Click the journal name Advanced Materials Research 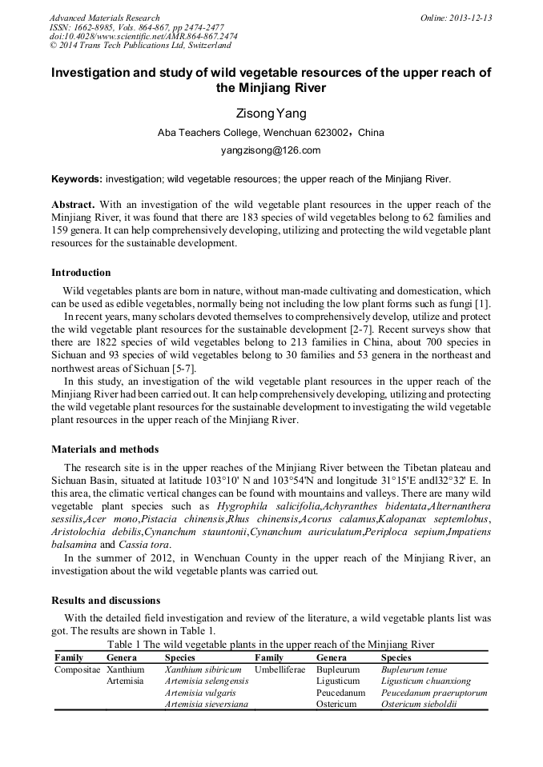click(104, 18)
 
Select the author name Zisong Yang click(271, 114)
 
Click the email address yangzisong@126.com click(271, 150)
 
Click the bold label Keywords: click(77, 179)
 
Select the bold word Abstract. click(73, 205)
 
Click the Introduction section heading click(81, 273)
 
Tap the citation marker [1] click(484, 304)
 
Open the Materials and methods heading click(105, 449)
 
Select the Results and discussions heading click(106, 600)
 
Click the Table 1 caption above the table click(271, 644)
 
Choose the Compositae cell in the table click(77, 669)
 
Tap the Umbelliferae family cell click(280, 669)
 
